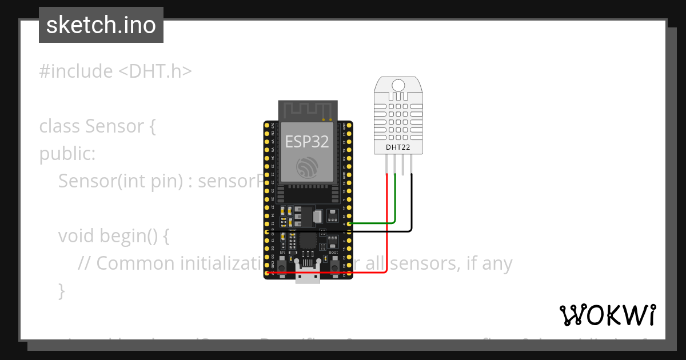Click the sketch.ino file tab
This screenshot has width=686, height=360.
[x=101, y=25]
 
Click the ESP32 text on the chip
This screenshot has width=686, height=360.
[x=306, y=141]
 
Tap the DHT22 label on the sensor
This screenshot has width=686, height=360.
[x=398, y=147]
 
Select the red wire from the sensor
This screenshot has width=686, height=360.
[x=388, y=229]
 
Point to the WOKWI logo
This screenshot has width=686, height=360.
[x=607, y=315]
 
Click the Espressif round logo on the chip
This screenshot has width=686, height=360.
[x=306, y=166]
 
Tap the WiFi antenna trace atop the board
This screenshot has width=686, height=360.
[x=306, y=109]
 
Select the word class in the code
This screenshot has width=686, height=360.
[x=59, y=126]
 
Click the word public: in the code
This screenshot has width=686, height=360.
[x=67, y=154]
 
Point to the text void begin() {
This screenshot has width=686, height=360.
[x=114, y=235]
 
